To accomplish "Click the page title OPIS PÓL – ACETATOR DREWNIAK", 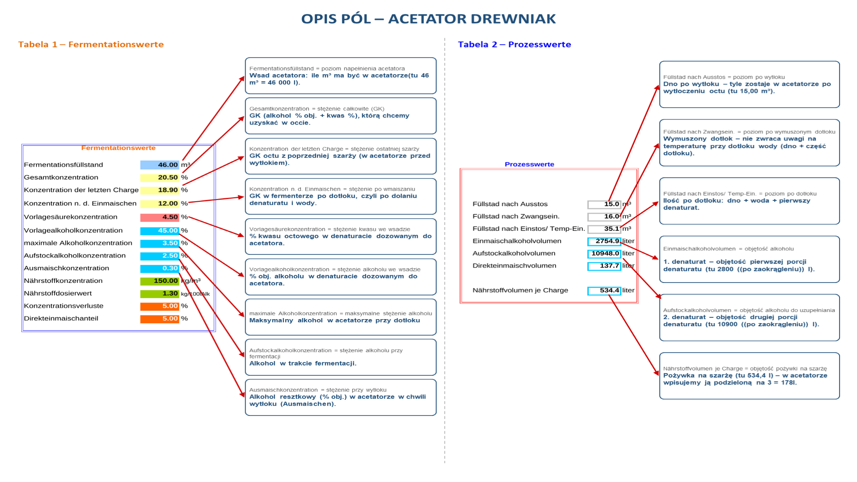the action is pyautogui.click(x=428, y=19).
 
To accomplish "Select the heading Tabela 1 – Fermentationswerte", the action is pyautogui.click(x=91, y=44).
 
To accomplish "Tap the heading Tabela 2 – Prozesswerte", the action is pyautogui.click(x=515, y=44).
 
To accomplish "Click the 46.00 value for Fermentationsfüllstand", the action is pyautogui.click(x=159, y=165).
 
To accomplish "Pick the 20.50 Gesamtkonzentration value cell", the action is pyautogui.click(x=159, y=177).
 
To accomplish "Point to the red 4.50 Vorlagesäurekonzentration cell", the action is pyautogui.click(x=159, y=217).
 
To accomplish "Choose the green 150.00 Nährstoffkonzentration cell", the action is pyautogui.click(x=159, y=281).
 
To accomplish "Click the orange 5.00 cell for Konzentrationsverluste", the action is pyautogui.click(x=159, y=306).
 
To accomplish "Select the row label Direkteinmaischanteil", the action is pyautogui.click(x=61, y=318).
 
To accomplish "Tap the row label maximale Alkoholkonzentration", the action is pyautogui.click(x=78, y=243).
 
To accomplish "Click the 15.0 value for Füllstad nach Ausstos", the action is pyautogui.click(x=604, y=204).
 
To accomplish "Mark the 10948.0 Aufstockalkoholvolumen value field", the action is pyautogui.click(x=604, y=253).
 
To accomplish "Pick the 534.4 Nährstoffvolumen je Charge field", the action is pyautogui.click(x=604, y=291).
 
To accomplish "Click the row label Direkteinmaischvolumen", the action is pyautogui.click(x=514, y=266).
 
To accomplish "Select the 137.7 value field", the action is pyautogui.click(x=604, y=266).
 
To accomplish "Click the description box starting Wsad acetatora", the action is pyautogui.click(x=341, y=75).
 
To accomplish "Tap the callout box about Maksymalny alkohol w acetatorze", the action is pyautogui.click(x=341, y=317).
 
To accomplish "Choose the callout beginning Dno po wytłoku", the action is pyautogui.click(x=749, y=84).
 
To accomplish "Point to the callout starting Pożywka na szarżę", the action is pyautogui.click(x=749, y=376).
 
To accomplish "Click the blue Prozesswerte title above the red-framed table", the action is pyautogui.click(x=529, y=164).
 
